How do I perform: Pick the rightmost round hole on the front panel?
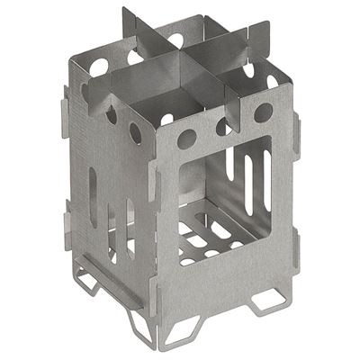(264, 112)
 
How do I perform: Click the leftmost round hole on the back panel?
(99, 67)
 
